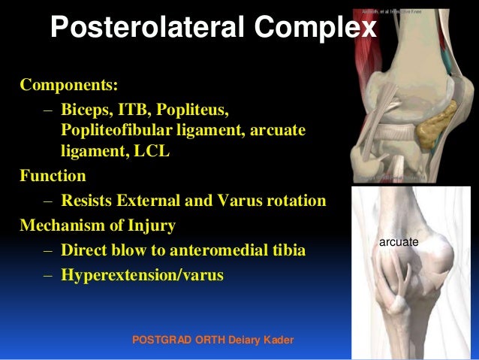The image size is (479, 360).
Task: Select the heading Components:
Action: [69, 82]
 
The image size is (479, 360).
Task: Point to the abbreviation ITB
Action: [136, 111]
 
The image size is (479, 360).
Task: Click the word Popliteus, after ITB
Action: [191, 111]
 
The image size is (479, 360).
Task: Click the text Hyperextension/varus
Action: [143, 275]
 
